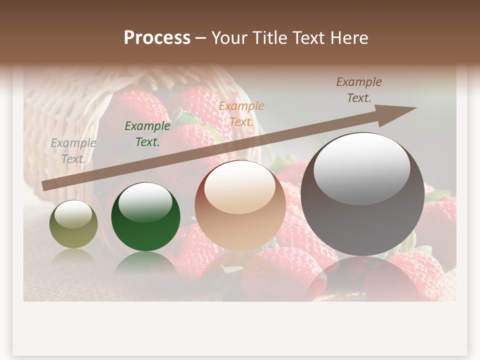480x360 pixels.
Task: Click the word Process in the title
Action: (157, 38)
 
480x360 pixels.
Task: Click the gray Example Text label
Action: (73, 150)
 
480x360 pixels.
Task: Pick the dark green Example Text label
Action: (147, 134)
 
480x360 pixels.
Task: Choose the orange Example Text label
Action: (241, 113)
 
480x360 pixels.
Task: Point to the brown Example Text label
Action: (359, 89)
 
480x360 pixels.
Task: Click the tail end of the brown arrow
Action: (45, 186)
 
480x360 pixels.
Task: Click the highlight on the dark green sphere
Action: (146, 202)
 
